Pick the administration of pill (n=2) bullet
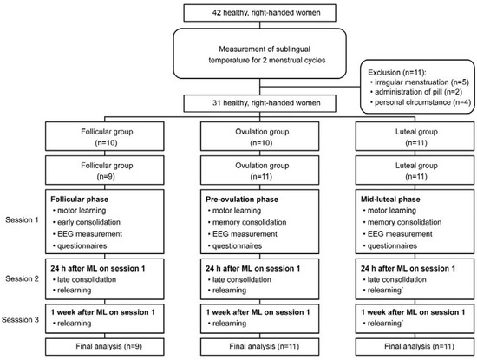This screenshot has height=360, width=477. pyautogui.click(x=412, y=92)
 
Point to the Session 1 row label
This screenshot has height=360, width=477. pyautogui.click(x=22, y=218)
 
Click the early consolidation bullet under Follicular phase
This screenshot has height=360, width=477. pyautogui.click(x=89, y=222)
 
